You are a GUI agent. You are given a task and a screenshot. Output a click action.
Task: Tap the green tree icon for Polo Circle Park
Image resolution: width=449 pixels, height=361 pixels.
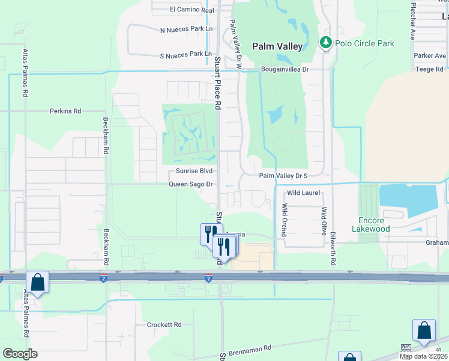click(326, 42)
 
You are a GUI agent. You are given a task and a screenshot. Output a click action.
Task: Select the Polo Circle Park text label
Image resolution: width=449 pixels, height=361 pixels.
click(364, 43)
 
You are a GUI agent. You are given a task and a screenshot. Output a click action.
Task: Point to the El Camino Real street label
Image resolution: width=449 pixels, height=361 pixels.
click(192, 10)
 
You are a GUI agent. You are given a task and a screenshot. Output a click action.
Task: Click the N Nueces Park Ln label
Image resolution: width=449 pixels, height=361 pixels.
click(186, 29)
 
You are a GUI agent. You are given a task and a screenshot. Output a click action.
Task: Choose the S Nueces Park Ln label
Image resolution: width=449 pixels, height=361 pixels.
click(186, 54)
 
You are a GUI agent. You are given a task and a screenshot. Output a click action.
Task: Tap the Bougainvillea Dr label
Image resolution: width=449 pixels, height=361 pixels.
click(285, 69)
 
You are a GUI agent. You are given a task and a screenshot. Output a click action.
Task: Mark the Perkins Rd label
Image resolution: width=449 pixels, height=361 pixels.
click(65, 111)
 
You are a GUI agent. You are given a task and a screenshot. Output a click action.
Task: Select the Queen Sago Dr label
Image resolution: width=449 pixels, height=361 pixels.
click(191, 184)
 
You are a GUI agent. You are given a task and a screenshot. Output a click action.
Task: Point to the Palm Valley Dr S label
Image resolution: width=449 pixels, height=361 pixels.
click(283, 176)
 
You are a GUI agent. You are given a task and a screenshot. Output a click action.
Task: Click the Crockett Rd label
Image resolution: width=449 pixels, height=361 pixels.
click(164, 324)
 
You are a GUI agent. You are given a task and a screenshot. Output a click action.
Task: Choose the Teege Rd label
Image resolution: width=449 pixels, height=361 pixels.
click(429, 69)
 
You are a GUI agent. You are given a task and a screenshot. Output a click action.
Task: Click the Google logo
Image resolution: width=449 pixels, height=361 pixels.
click(20, 354)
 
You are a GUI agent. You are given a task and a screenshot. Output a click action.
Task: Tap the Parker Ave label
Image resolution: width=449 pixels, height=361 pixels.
click(430, 56)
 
